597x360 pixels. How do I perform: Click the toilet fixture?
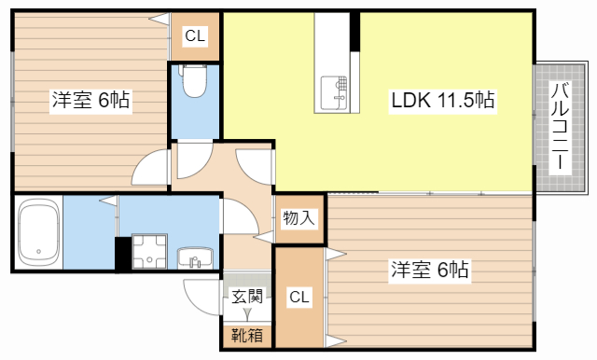[195, 80]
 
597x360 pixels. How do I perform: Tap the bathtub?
[39, 232]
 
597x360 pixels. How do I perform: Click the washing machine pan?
[149, 252]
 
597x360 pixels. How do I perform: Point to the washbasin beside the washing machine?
[195, 257]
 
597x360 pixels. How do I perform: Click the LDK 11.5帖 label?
[443, 100]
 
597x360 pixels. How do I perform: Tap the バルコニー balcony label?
[560, 126]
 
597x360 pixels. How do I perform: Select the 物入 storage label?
[298, 218]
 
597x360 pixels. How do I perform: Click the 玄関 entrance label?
[247, 296]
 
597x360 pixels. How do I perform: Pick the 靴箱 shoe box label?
[247, 336]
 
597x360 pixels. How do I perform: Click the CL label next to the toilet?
[195, 35]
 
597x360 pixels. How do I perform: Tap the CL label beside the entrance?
[299, 297]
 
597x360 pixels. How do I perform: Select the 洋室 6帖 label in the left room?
[90, 100]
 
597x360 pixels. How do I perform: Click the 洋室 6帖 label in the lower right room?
[430, 270]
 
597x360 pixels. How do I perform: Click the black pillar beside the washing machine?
[123, 255]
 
